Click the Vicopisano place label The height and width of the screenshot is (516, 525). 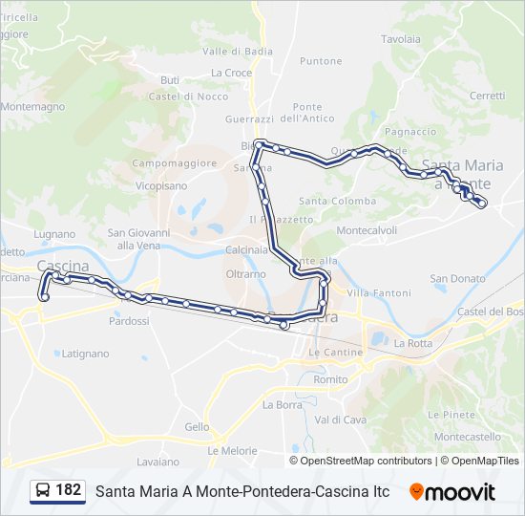[161, 186]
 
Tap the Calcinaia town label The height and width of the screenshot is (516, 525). [247, 249]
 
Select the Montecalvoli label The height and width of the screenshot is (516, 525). [367, 230]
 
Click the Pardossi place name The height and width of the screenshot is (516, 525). [129, 321]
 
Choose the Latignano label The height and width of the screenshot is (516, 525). [85, 353]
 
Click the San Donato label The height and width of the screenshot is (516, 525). [451, 279]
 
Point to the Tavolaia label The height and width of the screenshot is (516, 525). [401, 39]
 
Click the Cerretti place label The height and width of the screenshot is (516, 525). [487, 96]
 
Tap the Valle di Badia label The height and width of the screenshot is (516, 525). [231, 51]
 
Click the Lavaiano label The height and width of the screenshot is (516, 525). [158, 462]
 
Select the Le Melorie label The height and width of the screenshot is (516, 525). [232, 450]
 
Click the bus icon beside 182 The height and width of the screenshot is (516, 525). [43, 491]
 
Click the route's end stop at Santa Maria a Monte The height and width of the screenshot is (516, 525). [482, 203]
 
